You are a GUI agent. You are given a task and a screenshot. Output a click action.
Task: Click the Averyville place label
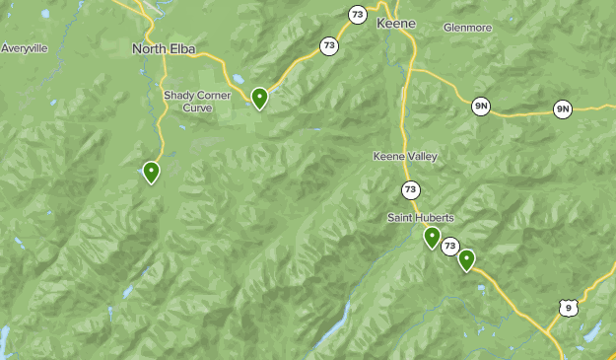point(24,47)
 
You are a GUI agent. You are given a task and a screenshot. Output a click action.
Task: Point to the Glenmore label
point(467,28)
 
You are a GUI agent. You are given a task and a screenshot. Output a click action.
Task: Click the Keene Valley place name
point(405,157)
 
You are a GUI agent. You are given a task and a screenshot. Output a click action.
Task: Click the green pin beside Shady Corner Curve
point(259,98)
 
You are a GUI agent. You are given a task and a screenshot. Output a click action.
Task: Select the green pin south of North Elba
point(151,173)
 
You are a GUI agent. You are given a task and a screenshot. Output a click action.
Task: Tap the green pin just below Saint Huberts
point(432,237)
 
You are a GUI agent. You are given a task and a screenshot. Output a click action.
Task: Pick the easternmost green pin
point(466,259)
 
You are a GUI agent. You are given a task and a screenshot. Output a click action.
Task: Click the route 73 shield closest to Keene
point(357,14)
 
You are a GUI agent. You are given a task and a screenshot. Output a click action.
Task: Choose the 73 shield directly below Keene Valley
point(410,188)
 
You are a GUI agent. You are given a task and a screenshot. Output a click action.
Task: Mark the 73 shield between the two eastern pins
point(450,246)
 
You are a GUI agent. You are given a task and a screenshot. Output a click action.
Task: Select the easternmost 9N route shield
point(563,108)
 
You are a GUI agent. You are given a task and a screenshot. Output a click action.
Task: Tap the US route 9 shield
point(567,309)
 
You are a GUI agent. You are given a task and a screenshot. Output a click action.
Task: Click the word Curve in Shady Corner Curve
point(197,108)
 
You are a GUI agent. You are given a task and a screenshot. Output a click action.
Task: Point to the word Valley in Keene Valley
point(420,157)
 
